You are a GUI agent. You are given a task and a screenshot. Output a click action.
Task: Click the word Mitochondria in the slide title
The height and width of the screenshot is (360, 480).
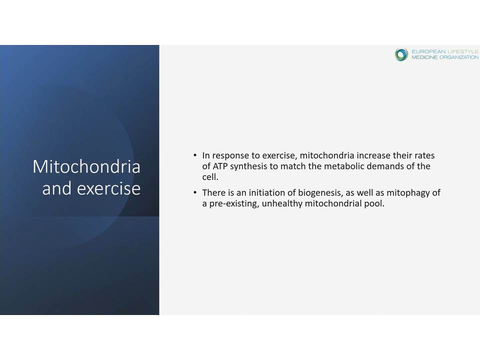tap(86, 167)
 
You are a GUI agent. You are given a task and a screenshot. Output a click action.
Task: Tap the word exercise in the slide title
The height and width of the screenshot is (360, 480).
tap(108, 188)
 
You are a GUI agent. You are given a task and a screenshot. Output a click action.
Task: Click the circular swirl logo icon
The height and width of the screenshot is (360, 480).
tap(401, 54)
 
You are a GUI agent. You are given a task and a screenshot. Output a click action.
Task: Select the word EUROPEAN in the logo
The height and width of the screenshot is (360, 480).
tap(428, 51)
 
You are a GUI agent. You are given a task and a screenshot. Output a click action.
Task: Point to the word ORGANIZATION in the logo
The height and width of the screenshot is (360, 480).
tap(459, 57)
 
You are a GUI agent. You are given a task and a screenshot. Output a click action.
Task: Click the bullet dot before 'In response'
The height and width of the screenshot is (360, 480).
tap(195, 155)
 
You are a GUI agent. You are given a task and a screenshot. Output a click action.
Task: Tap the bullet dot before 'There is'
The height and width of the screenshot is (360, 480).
tap(195, 192)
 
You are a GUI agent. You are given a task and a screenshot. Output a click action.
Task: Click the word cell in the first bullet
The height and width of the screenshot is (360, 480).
tap(209, 177)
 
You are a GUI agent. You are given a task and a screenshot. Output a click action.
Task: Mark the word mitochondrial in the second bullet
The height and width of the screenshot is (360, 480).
tap(333, 203)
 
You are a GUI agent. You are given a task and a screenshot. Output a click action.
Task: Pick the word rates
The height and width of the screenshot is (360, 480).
tap(424, 155)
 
